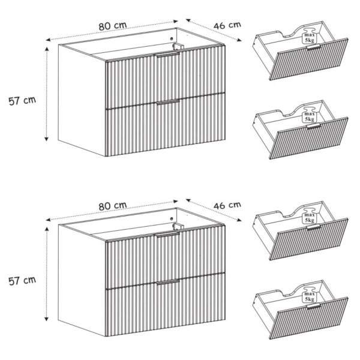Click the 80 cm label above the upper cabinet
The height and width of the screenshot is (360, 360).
tap(113, 26)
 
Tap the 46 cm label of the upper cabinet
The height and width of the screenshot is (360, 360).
tap(227, 25)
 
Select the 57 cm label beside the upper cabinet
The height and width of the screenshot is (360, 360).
tap(22, 101)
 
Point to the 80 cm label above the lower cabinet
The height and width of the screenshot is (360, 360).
tap(113, 206)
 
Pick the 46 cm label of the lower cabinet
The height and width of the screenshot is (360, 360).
tap(227, 205)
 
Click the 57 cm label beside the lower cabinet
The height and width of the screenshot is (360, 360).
tap(22, 281)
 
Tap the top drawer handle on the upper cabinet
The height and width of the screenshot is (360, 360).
tap(167, 55)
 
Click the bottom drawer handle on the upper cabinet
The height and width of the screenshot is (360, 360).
tap(168, 102)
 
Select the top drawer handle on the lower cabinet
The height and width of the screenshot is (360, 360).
tap(167, 235)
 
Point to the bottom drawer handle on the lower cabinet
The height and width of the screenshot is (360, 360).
tap(168, 282)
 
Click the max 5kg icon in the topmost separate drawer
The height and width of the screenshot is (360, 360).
tap(309, 35)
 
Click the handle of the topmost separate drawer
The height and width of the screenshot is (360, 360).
tap(314, 47)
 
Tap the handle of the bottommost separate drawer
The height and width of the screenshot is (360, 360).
tap(314, 306)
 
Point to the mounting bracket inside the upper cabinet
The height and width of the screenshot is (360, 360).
tap(178, 46)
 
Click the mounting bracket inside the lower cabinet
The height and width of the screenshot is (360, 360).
tap(178, 226)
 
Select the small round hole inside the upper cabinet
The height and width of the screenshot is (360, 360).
tap(171, 38)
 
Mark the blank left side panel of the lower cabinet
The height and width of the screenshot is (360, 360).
tap(82, 280)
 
